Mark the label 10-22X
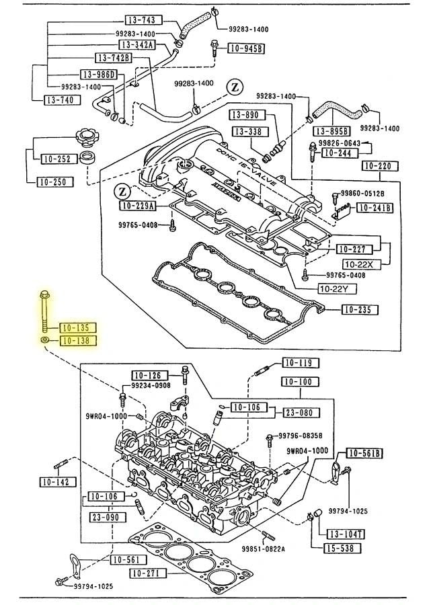point(362,264)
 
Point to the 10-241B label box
point(373,208)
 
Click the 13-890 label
point(247,115)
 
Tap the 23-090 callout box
point(104,518)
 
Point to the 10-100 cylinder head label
point(299,382)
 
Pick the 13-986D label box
point(99,74)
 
